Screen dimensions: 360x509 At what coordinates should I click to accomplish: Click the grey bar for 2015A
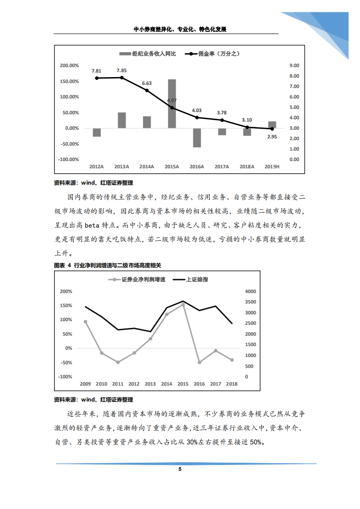pyautogui.click(x=172, y=103)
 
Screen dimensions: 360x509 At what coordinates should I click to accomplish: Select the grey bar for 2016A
pyautogui.click(x=197, y=137)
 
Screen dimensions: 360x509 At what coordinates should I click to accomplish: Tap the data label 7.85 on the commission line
pyautogui.click(x=122, y=71)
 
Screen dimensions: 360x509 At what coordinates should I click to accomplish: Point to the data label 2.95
pyautogui.click(x=272, y=137)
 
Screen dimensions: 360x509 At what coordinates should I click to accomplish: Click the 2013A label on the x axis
pyautogui.click(x=122, y=167)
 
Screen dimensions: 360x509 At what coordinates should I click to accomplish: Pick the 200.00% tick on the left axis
pyautogui.click(x=69, y=65)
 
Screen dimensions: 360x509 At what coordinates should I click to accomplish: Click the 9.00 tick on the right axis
pyautogui.click(x=294, y=65)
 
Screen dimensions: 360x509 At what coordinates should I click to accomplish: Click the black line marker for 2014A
pyautogui.click(x=147, y=90)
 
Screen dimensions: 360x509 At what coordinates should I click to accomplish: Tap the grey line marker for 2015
pyautogui.click(x=183, y=304)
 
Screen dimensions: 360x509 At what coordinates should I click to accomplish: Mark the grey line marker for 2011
pyautogui.click(x=118, y=362)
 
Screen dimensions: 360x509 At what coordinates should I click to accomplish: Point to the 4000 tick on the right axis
pyautogui.click(x=250, y=291)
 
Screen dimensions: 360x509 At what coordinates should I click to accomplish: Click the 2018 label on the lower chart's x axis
pyautogui.click(x=232, y=384)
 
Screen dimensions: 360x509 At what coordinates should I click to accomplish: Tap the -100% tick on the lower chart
pyautogui.click(x=65, y=377)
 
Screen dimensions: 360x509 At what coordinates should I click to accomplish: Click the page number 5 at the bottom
pyautogui.click(x=180, y=470)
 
